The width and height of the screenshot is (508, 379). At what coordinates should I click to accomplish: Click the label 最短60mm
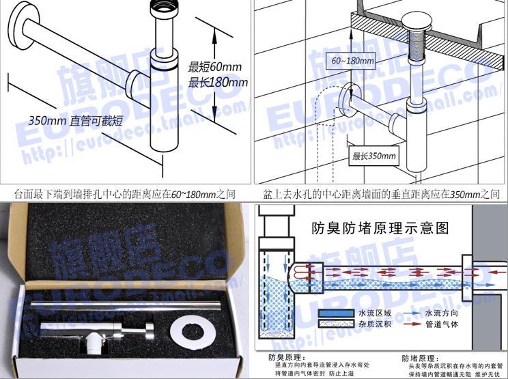pyautogui.click(x=212, y=67)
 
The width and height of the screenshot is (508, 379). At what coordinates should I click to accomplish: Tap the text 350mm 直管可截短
pyautogui.click(x=76, y=121)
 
